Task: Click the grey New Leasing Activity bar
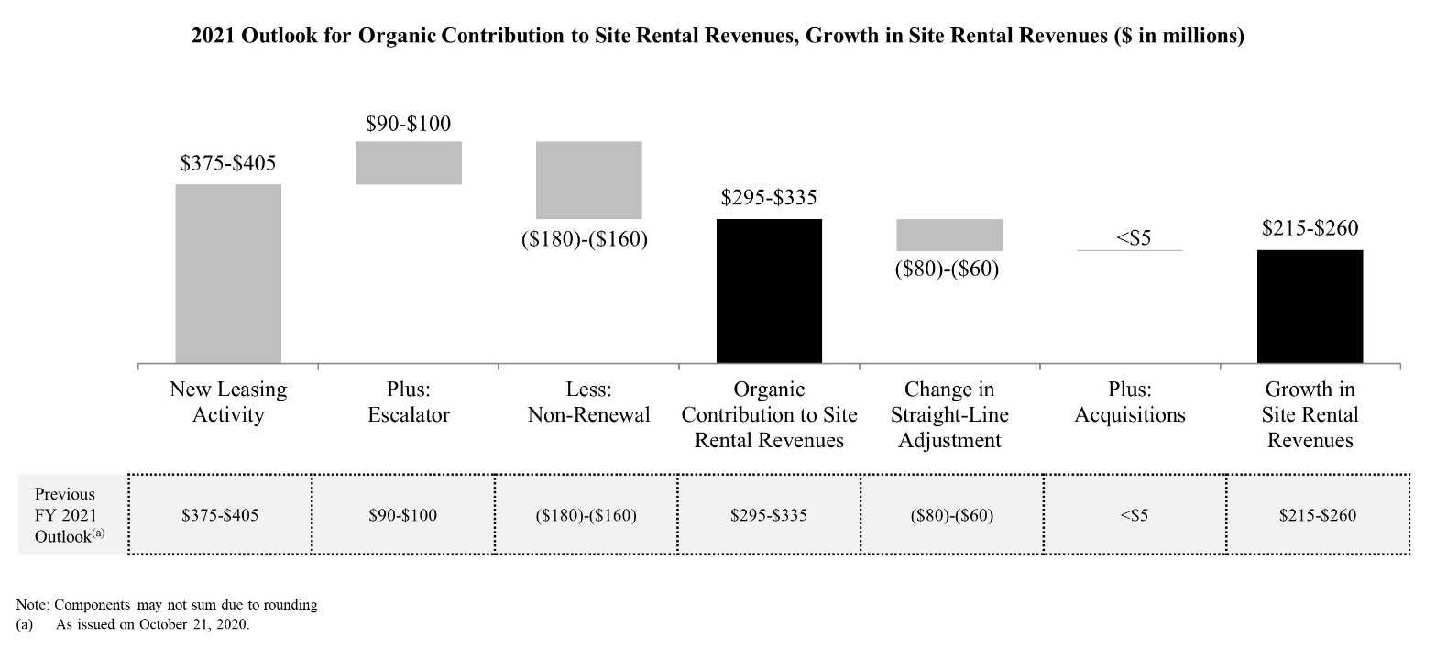[x=228, y=274]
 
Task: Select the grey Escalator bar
[x=409, y=163]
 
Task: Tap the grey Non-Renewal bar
[x=588, y=181]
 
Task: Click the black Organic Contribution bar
[x=769, y=291]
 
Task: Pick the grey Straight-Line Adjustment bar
[x=949, y=235]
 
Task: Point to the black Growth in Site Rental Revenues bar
[x=1310, y=306]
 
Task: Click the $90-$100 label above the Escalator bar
[x=409, y=123]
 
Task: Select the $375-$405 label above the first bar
[x=227, y=163]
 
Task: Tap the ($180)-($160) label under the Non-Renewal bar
[x=585, y=239]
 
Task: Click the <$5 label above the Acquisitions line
[x=1134, y=238]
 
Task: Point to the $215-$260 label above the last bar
[x=1310, y=227]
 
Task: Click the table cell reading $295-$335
[x=769, y=515]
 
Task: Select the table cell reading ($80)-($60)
[x=952, y=515]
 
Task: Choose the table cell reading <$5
[x=1135, y=515]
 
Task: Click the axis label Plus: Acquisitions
[x=1130, y=402]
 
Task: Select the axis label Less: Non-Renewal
[x=588, y=402]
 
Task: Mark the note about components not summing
[x=167, y=605]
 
